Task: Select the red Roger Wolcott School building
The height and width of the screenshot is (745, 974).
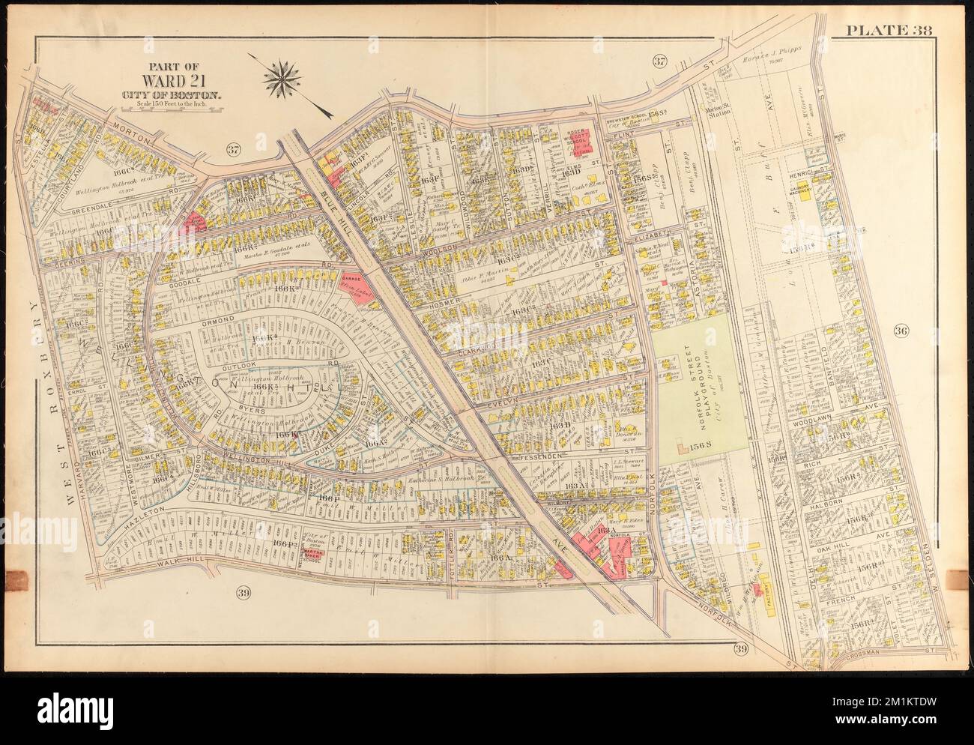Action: click(578, 139)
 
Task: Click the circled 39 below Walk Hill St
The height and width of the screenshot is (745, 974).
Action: click(243, 594)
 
